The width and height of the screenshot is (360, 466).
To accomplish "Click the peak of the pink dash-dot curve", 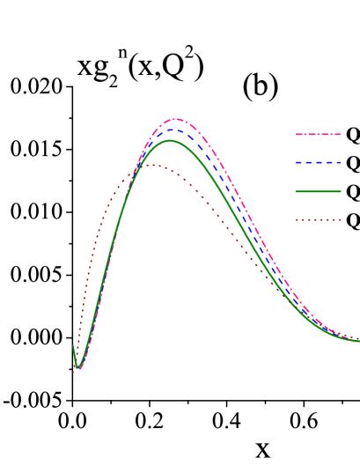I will click(x=176, y=119).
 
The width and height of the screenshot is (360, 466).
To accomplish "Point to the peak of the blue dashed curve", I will click(x=173, y=130).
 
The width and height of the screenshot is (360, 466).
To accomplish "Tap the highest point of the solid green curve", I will click(x=169, y=140).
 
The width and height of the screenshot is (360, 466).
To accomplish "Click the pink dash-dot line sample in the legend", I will click(x=317, y=135).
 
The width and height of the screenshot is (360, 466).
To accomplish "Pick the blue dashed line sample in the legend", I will click(x=317, y=163).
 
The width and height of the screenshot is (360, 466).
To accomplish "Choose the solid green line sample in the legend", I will click(x=317, y=191).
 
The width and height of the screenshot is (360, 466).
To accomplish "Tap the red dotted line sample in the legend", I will click(x=317, y=220).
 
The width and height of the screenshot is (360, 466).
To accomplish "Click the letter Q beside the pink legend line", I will click(x=353, y=136).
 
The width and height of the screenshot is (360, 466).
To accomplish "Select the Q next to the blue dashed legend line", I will click(x=353, y=164).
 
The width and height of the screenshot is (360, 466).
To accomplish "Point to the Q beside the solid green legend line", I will click(x=353, y=192).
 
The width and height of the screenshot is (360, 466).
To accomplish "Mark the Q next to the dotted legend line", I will click(x=353, y=221).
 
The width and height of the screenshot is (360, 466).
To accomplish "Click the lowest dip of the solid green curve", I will click(x=77, y=366).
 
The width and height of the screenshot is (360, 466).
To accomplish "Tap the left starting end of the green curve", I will click(x=73, y=346).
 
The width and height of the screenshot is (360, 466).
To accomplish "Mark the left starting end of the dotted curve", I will click(x=73, y=373).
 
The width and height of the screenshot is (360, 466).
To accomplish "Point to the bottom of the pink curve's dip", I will click(x=80, y=368).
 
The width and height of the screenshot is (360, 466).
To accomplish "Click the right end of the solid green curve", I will click(x=358, y=341).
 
